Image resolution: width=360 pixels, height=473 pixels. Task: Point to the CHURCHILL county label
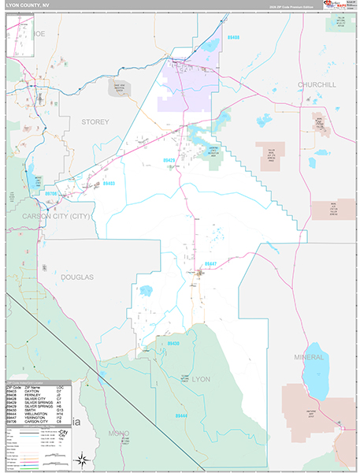click(317, 84)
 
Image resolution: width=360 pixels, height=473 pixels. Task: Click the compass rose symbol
click(81, 459)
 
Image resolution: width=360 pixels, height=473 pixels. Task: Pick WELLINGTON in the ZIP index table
click(35, 413)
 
